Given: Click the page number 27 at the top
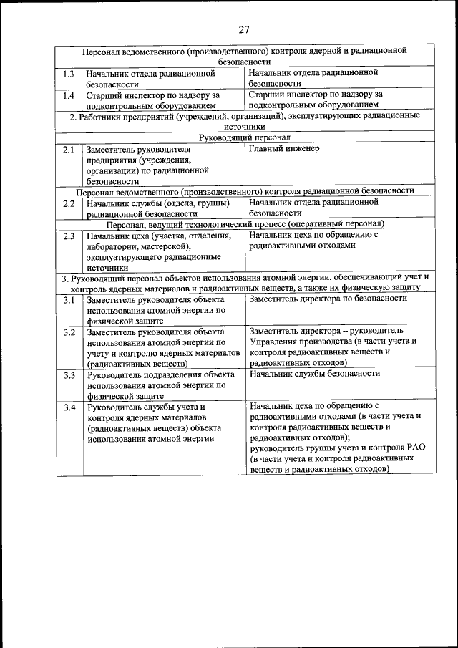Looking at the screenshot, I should point(243,29).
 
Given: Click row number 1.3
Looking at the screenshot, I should point(68,73).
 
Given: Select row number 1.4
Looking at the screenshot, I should point(68,95).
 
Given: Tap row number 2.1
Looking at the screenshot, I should point(68,149).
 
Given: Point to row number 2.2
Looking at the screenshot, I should point(68,203).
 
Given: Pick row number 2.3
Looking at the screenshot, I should point(68,235).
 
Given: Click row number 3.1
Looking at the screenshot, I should point(69,299).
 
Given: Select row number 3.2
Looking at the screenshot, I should point(69,332).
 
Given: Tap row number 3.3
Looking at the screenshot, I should point(69,374).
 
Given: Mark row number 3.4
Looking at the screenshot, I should point(69,407).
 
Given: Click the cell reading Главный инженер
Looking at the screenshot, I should point(284,149).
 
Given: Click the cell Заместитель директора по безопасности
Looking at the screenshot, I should point(328,299).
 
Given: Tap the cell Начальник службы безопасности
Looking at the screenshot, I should point(315,374).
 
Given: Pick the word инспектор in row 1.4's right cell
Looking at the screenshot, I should point(306,94).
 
